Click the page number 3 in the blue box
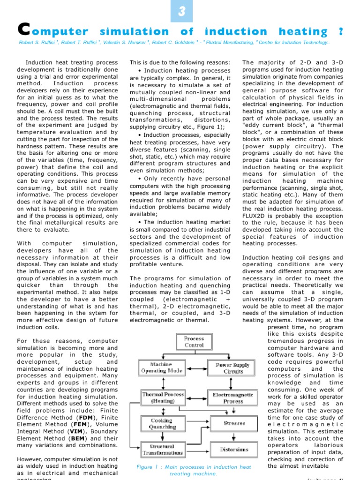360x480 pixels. pyautogui.click(x=181, y=11)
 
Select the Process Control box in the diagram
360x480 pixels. pyautogui.click(x=194, y=341)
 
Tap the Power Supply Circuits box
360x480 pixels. pyautogui.click(x=233, y=367)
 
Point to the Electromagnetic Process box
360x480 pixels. pyautogui.click(x=233, y=397)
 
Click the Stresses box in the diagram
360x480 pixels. pyautogui.click(x=234, y=423)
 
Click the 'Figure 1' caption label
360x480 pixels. pyautogui.click(x=144, y=467)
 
